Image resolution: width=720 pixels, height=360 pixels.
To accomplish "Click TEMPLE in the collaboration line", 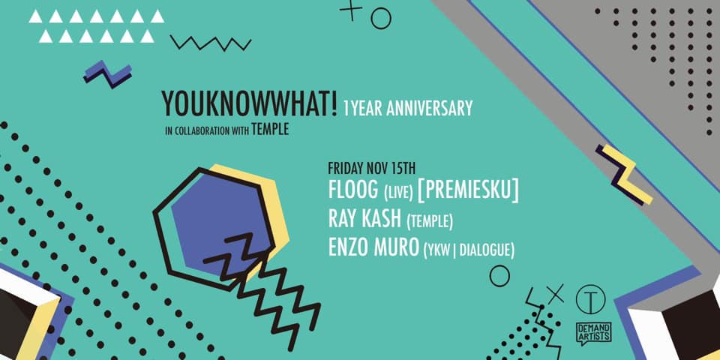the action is (270, 130).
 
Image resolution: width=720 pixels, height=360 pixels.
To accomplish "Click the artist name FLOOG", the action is (353, 191).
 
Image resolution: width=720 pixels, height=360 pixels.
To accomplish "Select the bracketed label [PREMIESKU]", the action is (468, 191).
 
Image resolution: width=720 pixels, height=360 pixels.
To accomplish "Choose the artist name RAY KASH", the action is (364, 220).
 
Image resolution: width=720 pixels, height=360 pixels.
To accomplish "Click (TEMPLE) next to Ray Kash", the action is (430, 222).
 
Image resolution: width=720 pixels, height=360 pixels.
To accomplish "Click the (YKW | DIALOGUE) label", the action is (468, 250).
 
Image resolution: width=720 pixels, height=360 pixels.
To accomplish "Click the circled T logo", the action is (590, 300).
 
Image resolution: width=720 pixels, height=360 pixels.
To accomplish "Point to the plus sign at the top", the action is (351, 10).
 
